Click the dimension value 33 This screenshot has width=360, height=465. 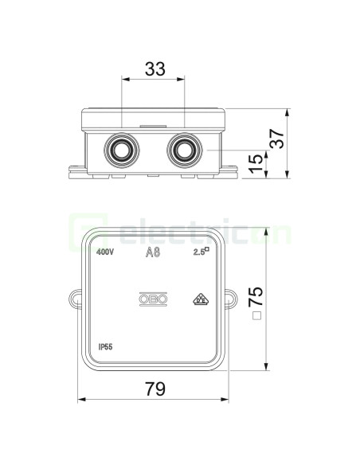click(x=155, y=69)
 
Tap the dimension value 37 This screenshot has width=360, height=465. click(x=278, y=139)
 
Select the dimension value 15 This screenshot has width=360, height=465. click(x=256, y=163)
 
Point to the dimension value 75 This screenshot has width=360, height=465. click(x=256, y=296)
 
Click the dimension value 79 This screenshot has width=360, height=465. click(x=155, y=389)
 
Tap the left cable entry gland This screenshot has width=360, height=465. click(x=122, y=150)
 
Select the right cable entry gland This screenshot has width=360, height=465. click(x=185, y=150)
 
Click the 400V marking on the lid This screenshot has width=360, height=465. click(x=105, y=252)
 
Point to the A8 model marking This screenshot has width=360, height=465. click(x=153, y=252)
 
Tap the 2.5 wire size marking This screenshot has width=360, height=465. click(x=202, y=252)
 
